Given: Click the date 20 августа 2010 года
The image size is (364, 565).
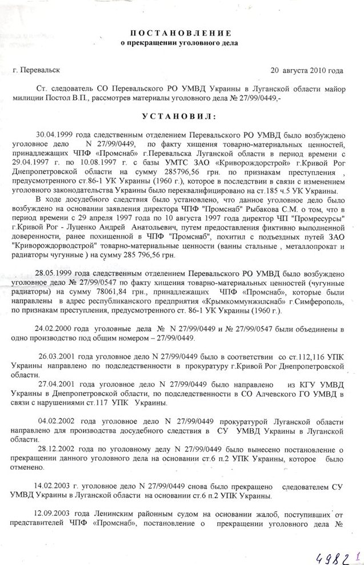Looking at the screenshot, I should click(307, 71).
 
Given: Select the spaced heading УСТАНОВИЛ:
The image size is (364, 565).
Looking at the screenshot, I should click(180, 116).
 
